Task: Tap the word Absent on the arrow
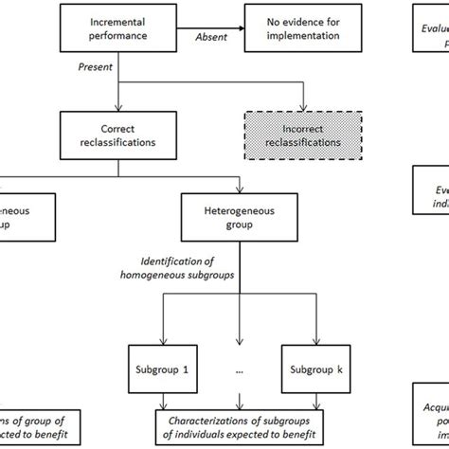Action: (210, 39)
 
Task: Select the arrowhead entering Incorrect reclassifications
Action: (303, 108)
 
